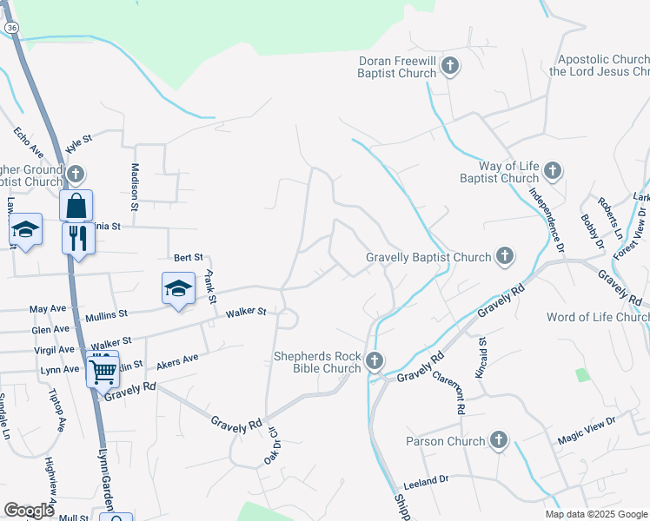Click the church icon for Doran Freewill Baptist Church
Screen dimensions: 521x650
click(x=450, y=66)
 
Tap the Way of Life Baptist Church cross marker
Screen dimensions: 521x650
click(x=554, y=170)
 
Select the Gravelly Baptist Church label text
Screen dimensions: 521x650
click(x=428, y=258)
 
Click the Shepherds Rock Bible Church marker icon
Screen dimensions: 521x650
click(x=375, y=360)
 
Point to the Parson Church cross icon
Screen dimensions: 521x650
click(x=499, y=440)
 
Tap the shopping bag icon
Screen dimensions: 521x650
click(x=76, y=206)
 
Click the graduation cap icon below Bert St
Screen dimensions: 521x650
click(x=178, y=287)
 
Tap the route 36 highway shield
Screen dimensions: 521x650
click(x=10, y=28)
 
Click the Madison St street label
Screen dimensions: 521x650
click(x=135, y=187)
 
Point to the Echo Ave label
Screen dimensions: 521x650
click(x=27, y=144)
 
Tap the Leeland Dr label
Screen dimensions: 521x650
click(x=426, y=478)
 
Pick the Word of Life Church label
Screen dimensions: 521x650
click(x=597, y=317)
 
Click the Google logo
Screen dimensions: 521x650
click(x=29, y=511)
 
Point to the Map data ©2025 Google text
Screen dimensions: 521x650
click(x=596, y=514)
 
